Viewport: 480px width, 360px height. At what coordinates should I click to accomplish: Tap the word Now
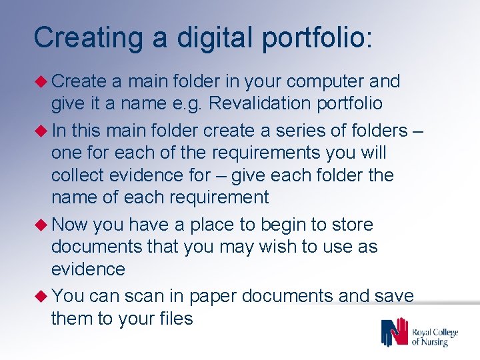(70, 225)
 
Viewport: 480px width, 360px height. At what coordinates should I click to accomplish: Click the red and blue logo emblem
(393, 332)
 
